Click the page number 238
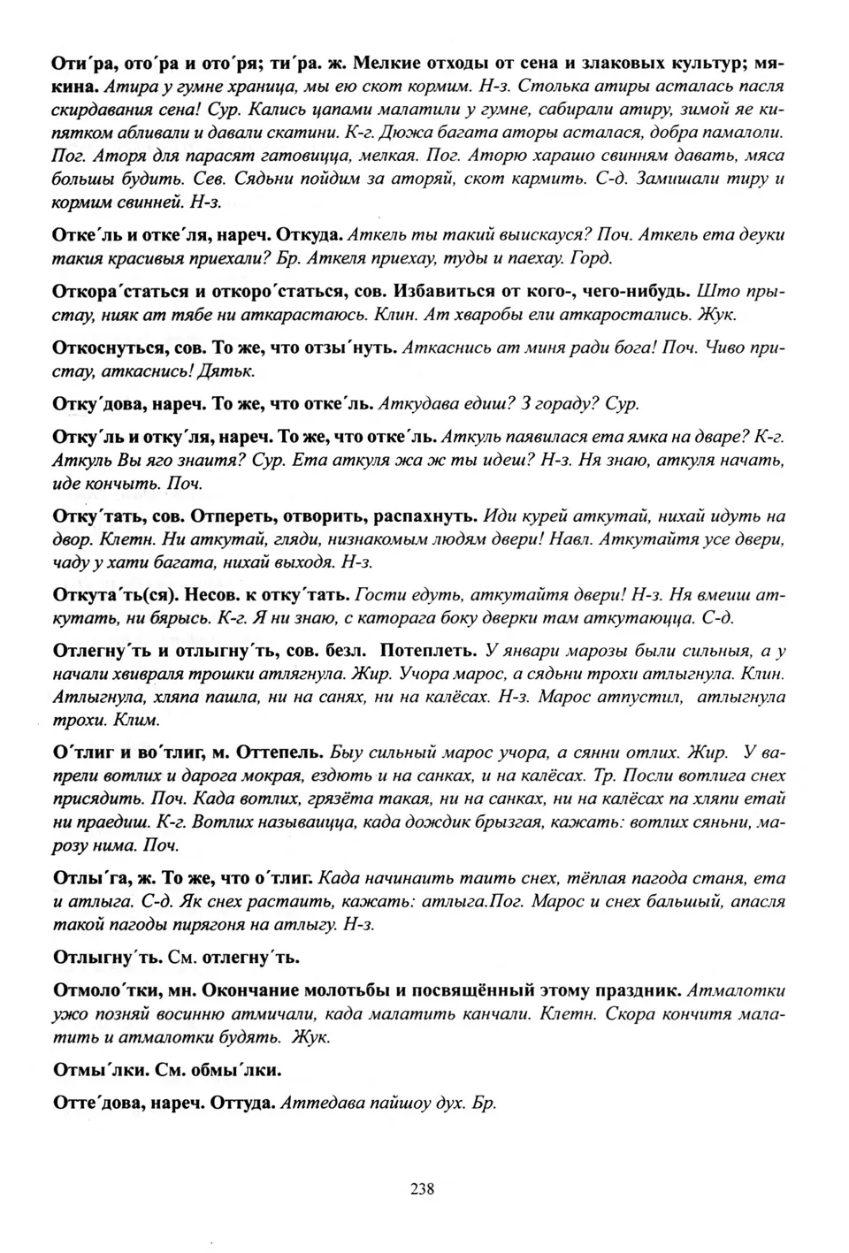point(423,1188)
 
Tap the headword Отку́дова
point(93,403)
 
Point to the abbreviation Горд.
point(592,258)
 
